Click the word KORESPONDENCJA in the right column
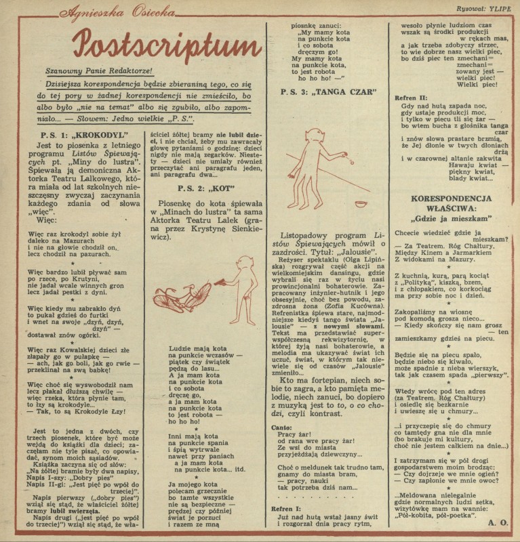coord(451,199)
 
